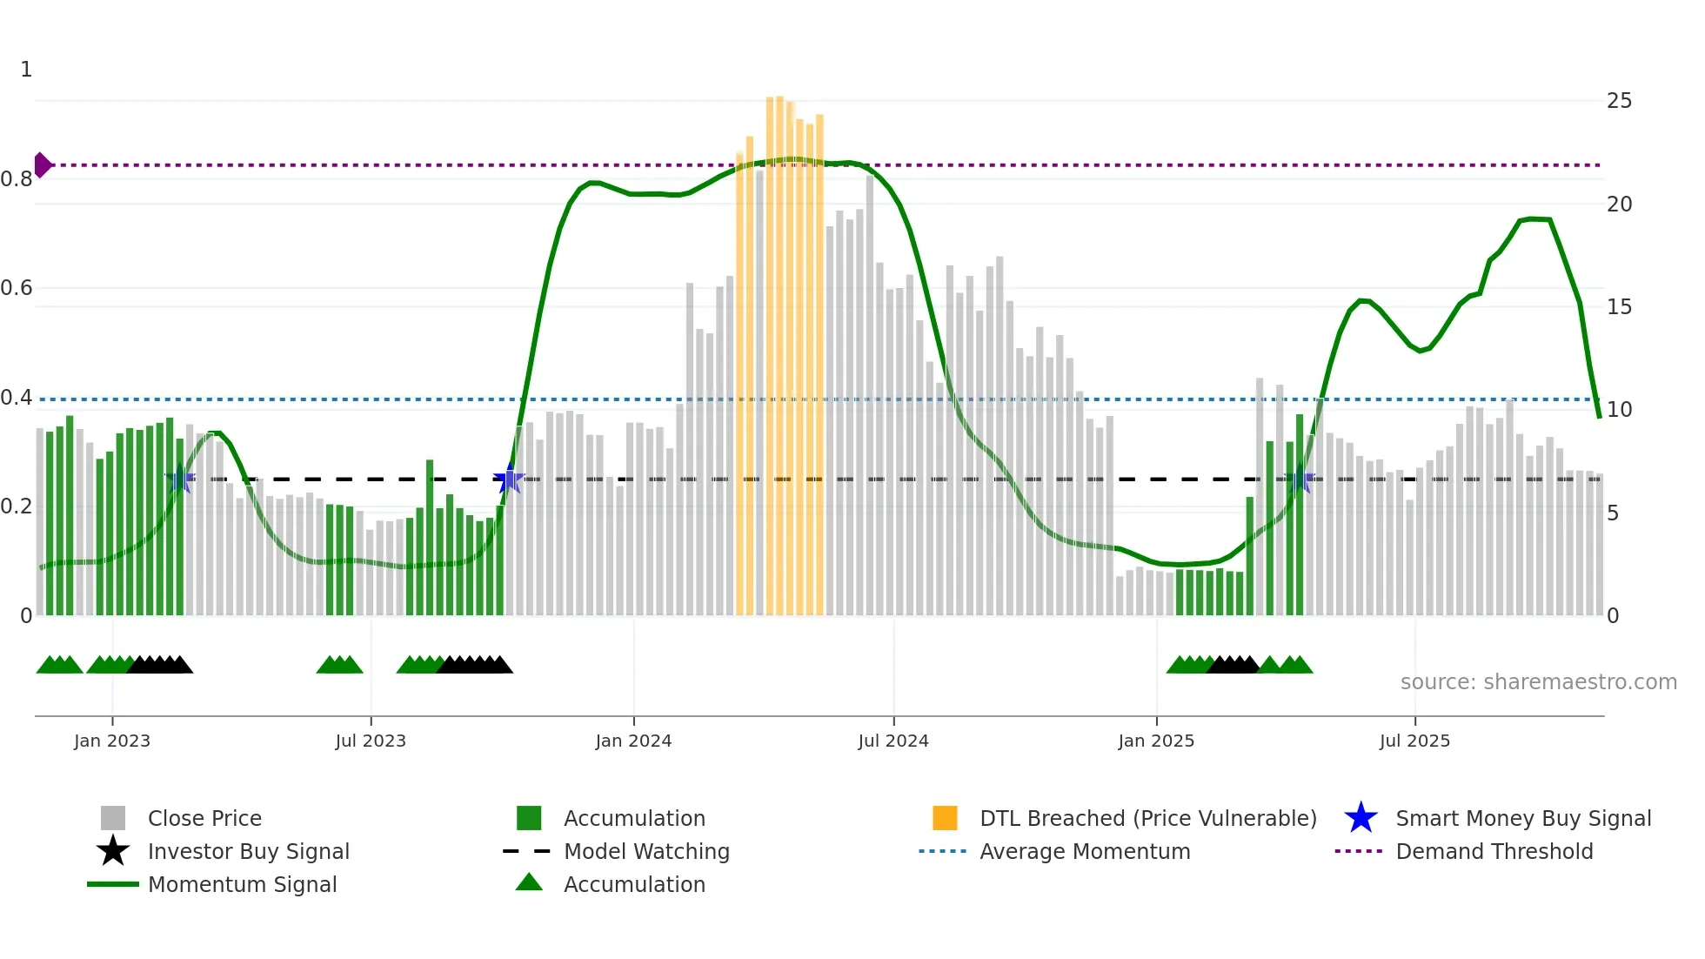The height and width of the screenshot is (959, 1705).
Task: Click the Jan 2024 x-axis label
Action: [633, 741]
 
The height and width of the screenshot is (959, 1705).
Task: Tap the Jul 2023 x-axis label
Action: [371, 741]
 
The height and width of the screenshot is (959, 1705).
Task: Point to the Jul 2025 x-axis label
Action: [1414, 741]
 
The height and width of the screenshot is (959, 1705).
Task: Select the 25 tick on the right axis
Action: [1619, 101]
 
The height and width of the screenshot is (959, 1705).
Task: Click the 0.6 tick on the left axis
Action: [17, 288]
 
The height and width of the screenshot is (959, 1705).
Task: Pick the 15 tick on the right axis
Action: [1619, 307]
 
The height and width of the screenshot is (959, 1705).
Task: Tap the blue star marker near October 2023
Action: [508, 479]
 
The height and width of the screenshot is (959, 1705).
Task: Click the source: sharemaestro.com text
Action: [1538, 682]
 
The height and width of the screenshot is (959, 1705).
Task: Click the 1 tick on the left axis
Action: [26, 70]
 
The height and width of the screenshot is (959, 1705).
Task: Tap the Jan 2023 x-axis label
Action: [112, 741]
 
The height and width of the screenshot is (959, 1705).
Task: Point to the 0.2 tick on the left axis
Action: [17, 506]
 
